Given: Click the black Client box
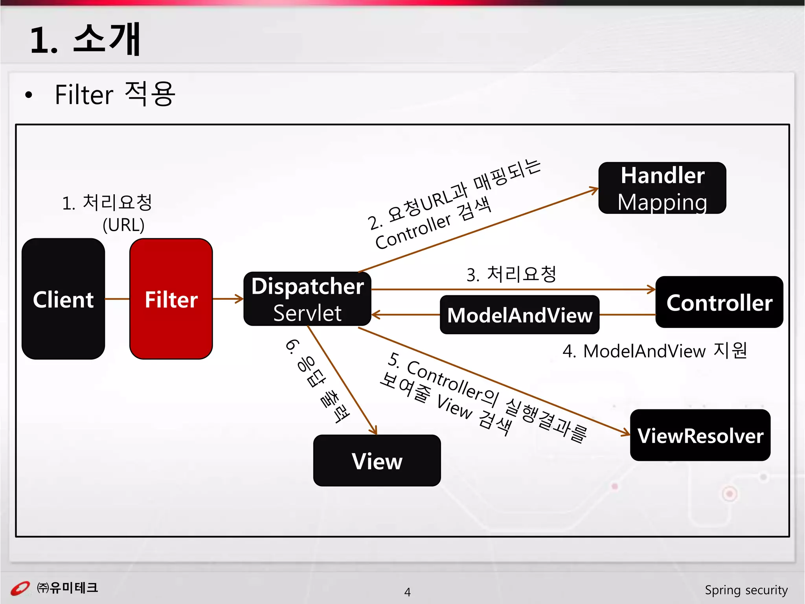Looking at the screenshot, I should (63, 299).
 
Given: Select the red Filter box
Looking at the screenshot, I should (171, 299).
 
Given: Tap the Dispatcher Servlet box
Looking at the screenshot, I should (307, 299).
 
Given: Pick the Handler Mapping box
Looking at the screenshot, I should (662, 188).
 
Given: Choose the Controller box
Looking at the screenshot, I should (719, 302).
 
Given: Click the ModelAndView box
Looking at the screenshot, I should (519, 315).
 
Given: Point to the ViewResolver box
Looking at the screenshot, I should (700, 435).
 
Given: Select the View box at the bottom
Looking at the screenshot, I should (377, 460).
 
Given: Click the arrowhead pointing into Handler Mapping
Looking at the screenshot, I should (594, 191).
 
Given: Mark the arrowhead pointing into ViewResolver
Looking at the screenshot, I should (626, 433).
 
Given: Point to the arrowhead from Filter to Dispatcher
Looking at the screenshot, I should (239, 299).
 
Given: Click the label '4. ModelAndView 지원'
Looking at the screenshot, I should (654, 351).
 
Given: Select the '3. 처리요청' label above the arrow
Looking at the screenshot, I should (511, 274).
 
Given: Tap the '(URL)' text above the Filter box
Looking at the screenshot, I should (123, 225).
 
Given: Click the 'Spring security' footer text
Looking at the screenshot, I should (746, 590).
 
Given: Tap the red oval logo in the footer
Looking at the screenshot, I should (20, 589).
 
